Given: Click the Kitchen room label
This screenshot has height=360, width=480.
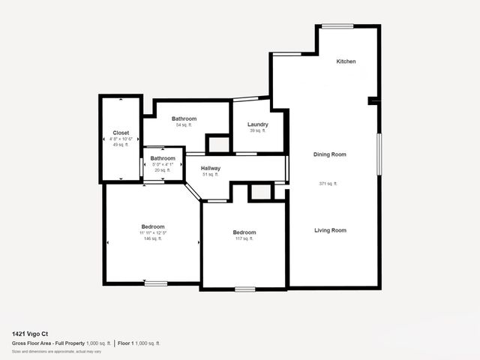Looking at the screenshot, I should tap(346, 61).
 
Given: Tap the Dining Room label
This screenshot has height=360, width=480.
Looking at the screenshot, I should tap(330, 154).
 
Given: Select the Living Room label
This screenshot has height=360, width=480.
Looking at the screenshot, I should tap(330, 230).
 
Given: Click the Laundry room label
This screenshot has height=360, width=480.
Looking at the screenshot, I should tap(257, 124).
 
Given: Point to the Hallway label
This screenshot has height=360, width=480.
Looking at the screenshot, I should tap(211, 168).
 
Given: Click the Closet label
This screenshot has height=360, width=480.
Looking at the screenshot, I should tap(121, 133).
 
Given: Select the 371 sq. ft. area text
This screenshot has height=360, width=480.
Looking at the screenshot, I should tap(328, 184).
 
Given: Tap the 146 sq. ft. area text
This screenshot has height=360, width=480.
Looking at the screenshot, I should tap(153, 238).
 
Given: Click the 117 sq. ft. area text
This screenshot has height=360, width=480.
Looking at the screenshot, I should tap(244, 238).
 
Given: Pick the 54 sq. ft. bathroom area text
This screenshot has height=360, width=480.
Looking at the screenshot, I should tap(184, 125).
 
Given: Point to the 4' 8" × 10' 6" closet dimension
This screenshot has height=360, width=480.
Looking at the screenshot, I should tap(121, 139).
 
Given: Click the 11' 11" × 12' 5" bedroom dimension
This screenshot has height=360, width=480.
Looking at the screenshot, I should tap(153, 232).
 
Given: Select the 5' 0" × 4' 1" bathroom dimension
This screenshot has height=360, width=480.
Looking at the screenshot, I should tap(163, 164).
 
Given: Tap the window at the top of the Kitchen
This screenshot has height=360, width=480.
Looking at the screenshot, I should tap(337, 27).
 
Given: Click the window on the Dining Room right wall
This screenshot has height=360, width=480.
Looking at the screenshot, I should tap(379, 155).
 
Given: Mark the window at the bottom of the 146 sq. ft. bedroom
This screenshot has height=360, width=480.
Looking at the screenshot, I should tap(156, 283).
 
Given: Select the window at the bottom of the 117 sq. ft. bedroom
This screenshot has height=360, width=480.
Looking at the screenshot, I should tap(244, 289).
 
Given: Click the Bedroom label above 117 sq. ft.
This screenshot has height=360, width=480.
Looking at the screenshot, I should tap(244, 232).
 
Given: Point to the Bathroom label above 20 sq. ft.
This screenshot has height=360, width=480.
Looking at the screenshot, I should tap(163, 158).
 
